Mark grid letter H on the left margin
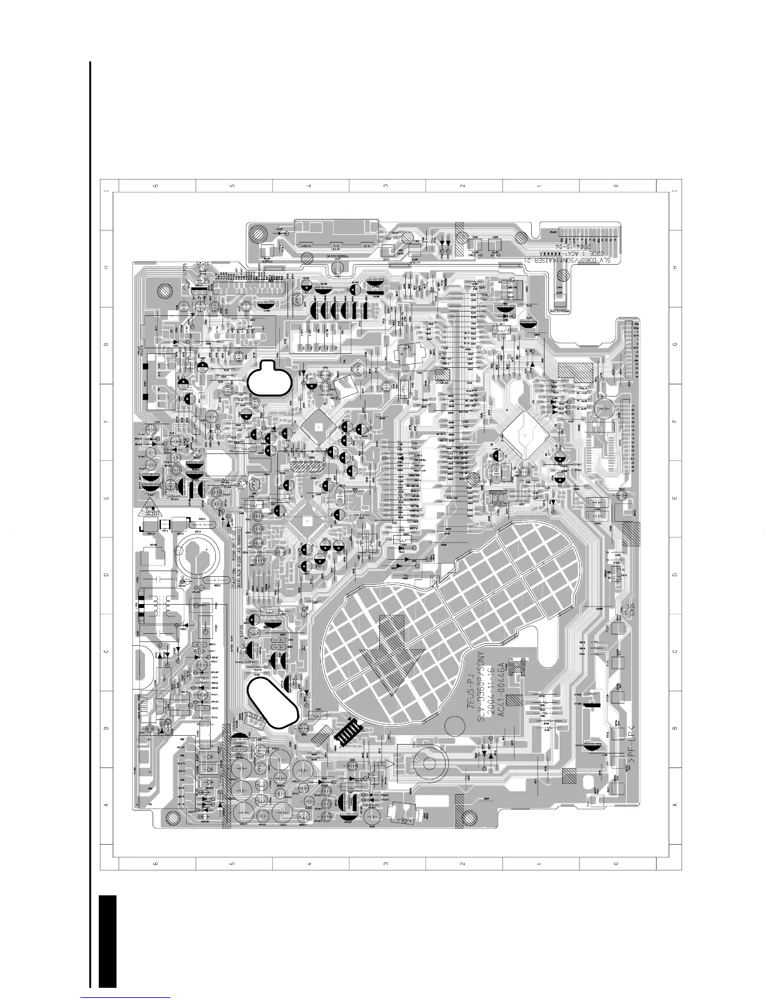pyautogui.click(x=106, y=268)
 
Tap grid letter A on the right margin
pyautogui.click(x=675, y=805)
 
